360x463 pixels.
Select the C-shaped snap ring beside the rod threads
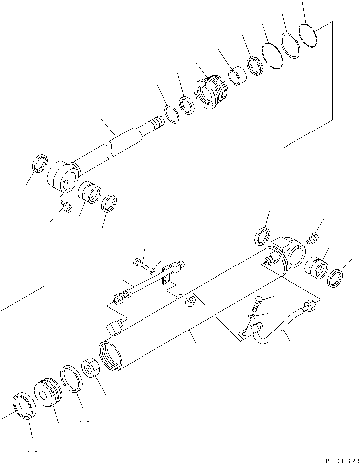pos(172,116)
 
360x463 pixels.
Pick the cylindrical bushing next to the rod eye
pos(90,192)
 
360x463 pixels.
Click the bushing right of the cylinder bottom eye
pos(316,268)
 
